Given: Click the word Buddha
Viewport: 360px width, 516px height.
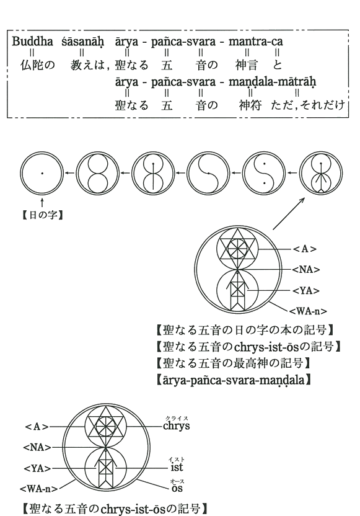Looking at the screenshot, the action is point(33,42).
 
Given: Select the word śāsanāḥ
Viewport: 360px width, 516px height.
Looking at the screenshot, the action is point(82,42).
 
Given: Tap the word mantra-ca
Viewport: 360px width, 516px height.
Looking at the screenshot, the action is point(255,42).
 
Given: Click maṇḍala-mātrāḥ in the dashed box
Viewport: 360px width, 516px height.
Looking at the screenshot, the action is point(272,82).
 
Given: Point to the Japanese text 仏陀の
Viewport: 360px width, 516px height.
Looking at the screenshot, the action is point(37,65).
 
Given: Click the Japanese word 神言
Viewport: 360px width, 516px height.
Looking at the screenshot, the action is point(247,65).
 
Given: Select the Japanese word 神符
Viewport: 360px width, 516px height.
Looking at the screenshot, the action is point(250,105).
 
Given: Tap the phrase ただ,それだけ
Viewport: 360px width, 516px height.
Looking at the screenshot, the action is point(308,105).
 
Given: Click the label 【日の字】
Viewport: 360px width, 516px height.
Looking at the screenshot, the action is point(42,216).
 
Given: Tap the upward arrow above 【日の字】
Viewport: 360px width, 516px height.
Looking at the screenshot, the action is point(42,203).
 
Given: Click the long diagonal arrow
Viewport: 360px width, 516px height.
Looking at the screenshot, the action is point(289,213).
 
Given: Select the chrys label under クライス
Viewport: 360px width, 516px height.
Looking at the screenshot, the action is point(176,426).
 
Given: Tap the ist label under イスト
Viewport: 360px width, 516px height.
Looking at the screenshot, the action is point(177,467).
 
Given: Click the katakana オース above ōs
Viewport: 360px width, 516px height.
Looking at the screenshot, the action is point(177,481).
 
